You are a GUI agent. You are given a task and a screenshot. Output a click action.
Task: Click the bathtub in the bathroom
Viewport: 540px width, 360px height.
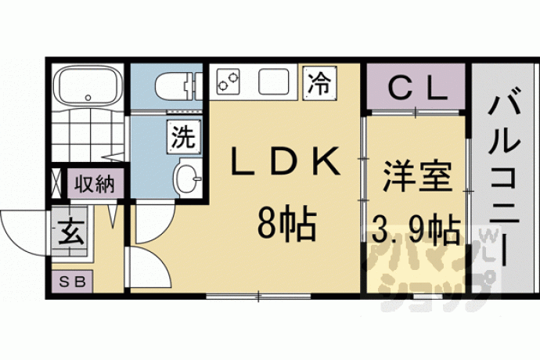click(88, 85)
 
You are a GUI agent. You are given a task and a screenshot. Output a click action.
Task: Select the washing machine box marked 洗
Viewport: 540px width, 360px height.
click(184, 135)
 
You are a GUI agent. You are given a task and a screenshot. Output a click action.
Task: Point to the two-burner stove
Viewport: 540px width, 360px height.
click(228, 81)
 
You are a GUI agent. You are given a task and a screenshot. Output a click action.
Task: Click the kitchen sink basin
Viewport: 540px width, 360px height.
click(273, 81)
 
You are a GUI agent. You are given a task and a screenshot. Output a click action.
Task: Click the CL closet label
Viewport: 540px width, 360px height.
click(416, 89)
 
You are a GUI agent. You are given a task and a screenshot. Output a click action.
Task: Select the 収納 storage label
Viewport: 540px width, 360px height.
click(95, 183)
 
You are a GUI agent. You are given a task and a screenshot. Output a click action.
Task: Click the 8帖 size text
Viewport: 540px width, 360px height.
click(286, 225)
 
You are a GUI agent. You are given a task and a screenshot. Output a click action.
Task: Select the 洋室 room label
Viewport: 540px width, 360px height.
click(416, 177)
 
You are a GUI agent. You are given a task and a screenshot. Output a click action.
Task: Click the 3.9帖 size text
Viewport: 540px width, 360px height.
click(416, 228)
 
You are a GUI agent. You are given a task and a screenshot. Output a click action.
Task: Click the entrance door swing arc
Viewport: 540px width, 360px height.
click(14, 238)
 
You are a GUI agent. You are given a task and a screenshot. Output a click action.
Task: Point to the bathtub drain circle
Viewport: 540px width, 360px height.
click(88, 98)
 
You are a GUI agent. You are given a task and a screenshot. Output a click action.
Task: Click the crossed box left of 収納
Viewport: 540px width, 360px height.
click(56, 183)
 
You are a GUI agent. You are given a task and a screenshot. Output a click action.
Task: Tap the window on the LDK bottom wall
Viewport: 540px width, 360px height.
click(258, 296)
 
